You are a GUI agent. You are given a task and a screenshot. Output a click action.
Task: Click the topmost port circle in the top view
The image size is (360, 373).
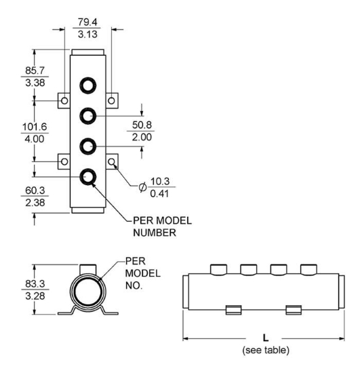(88, 86)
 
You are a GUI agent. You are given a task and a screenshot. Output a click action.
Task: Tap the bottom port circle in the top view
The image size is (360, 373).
(88, 177)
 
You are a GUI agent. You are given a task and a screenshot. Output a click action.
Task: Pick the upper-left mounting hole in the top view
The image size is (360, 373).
(64, 100)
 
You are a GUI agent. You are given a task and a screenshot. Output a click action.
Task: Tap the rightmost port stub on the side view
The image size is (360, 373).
(311, 269)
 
